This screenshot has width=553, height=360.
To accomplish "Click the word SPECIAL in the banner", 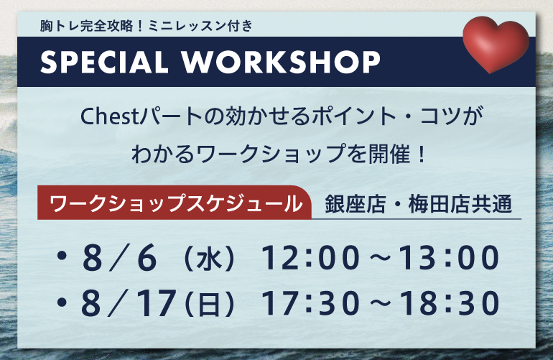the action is pos(104,62).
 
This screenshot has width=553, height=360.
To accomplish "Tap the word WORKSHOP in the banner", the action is pos(281,62).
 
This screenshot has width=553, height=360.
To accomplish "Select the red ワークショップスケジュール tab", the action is pos(175,203).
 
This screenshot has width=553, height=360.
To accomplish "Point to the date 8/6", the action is pos(118,258).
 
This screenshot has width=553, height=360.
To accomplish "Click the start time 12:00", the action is pos(310,258).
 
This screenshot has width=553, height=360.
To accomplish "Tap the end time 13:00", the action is pos(449,258).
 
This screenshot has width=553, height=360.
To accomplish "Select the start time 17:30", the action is pos(310,303).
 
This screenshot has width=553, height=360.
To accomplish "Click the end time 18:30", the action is pos(449,303).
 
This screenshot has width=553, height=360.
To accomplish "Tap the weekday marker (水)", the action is pos(209,259).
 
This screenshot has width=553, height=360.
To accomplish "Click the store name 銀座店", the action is pos(355,204).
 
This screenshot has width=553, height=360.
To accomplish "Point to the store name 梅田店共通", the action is pos(460,204).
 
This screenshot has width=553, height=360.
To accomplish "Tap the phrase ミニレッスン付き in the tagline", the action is pos(200,26).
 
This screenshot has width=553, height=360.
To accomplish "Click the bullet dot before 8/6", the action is pos(62,256).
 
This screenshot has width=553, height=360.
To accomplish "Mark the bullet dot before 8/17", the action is pos(62,301).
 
